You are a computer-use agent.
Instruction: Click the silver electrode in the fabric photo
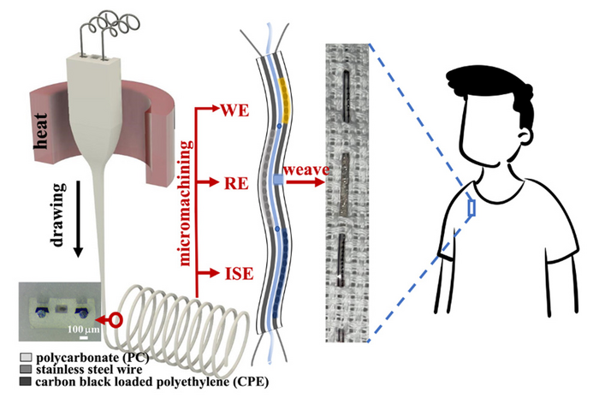tap(345, 179)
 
